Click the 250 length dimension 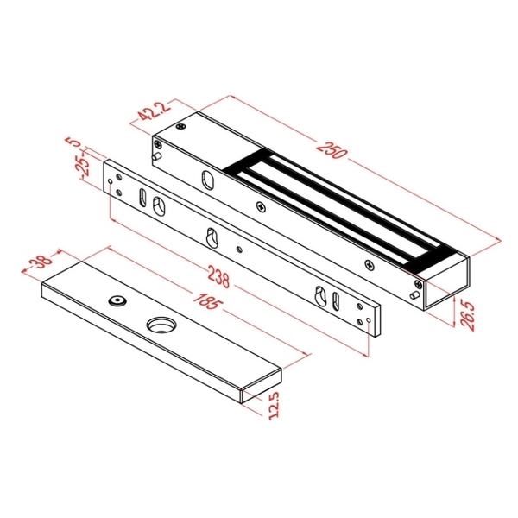(x=332, y=150)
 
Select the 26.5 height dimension (x=468, y=315)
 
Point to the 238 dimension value (x=218, y=277)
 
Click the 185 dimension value (x=205, y=300)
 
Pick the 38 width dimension (x=41, y=260)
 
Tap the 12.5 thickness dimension (x=274, y=406)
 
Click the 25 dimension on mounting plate (x=83, y=167)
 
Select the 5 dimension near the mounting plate (x=74, y=142)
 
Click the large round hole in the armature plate (x=161, y=325)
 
